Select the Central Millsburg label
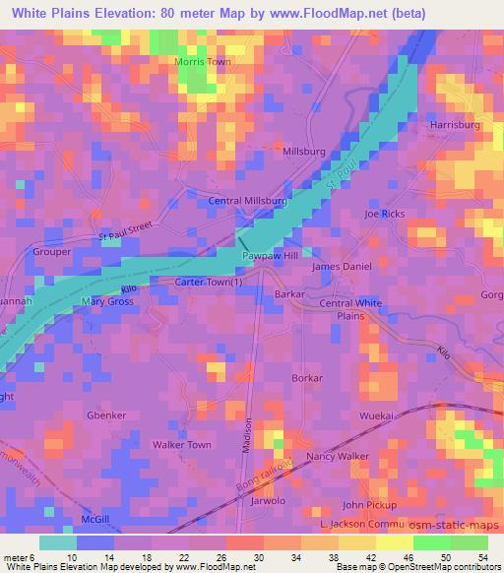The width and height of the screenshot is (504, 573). pos(248,201)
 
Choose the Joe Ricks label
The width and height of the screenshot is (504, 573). pos(384,214)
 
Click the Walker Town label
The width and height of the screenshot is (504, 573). pos(181,445)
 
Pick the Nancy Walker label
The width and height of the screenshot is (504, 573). pos(338,457)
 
